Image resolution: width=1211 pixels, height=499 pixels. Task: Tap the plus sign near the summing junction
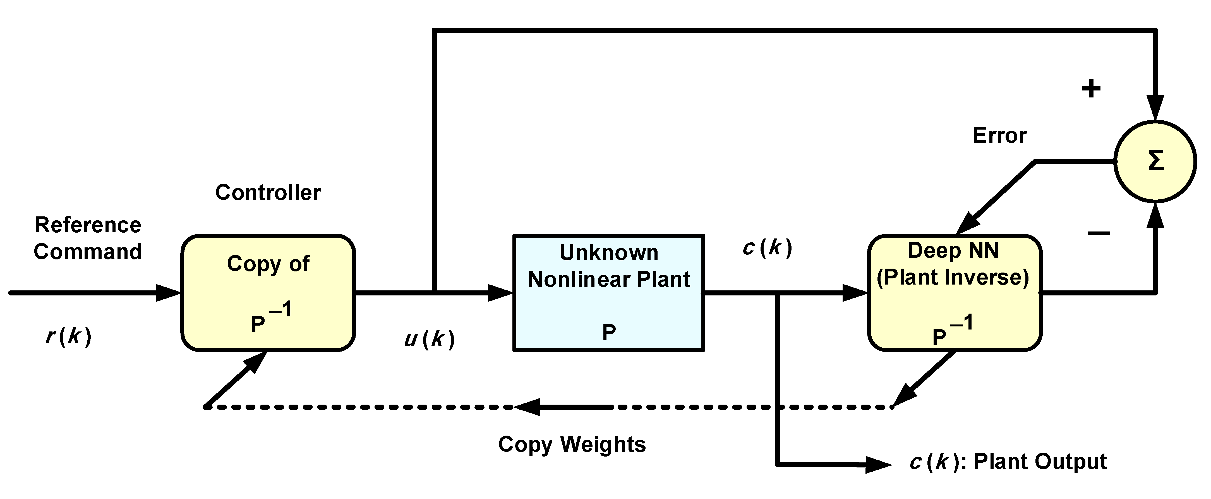tap(1091, 88)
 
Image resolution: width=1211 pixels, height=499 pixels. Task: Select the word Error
tap(999, 135)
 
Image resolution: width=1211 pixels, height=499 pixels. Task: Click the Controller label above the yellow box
tap(268, 192)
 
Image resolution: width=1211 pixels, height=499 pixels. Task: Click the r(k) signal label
tap(69, 336)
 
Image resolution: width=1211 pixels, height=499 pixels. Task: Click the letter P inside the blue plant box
tap(609, 333)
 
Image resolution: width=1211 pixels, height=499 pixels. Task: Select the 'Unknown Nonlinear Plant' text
tap(609, 266)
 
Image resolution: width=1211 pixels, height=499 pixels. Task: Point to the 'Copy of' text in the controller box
tap(268, 263)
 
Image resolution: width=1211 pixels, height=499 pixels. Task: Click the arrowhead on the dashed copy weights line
tap(527, 407)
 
